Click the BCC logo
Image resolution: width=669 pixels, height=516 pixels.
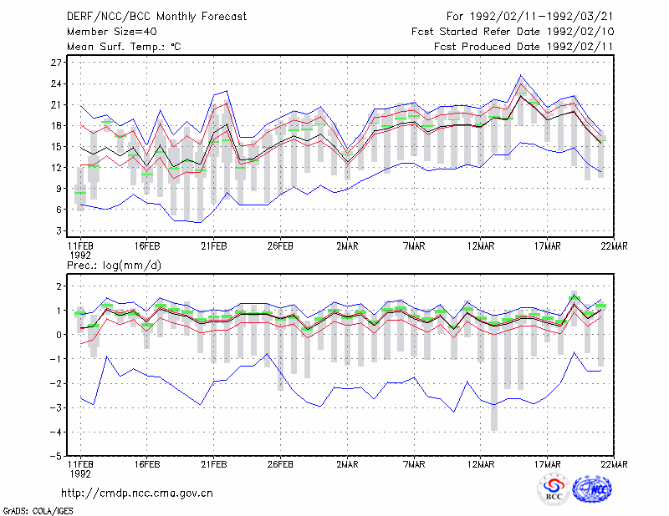[x=554, y=490]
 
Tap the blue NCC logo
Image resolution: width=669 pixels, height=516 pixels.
[x=593, y=489]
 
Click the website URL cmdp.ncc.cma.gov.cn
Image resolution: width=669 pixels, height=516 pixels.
[x=137, y=493]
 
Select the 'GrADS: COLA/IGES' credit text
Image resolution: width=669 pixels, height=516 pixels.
[x=38, y=511]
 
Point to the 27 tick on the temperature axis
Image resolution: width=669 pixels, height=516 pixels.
[x=56, y=63]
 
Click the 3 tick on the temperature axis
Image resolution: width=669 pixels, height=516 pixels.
[x=59, y=231]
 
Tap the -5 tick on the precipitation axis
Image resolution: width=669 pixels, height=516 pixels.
[x=55, y=457]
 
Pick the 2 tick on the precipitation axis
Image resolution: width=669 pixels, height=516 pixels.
[x=59, y=286]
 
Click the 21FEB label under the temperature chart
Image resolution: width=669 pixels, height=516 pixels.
[x=214, y=246]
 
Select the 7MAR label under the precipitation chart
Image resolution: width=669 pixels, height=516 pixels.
[x=414, y=464]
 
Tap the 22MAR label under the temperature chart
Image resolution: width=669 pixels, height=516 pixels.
[x=614, y=246]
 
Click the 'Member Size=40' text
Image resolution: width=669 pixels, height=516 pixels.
[x=112, y=32]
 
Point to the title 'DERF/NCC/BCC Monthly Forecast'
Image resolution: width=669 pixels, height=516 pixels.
[x=156, y=17]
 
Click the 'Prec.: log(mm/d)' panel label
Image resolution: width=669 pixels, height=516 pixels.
[x=114, y=266]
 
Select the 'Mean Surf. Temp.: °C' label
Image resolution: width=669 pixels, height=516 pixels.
[x=124, y=47]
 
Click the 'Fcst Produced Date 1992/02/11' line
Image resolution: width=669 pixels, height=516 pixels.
[x=523, y=47]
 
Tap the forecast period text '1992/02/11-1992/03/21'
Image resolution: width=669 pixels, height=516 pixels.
[x=541, y=17]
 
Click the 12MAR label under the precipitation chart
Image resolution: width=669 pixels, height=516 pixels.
[x=481, y=464]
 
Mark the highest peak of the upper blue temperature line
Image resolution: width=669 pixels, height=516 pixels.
[x=520, y=75]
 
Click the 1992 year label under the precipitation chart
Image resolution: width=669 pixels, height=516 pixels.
[x=80, y=473]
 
